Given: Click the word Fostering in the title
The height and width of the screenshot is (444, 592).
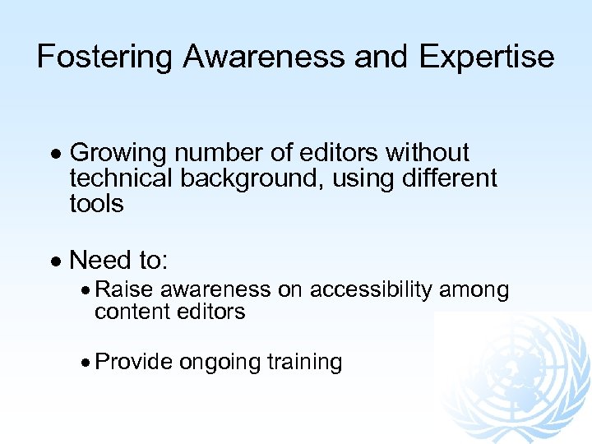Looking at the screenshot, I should coord(105,57).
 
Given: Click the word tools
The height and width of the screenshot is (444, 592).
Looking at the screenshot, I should coord(96,203).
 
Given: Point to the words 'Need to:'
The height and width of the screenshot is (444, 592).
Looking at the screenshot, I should coord(119,261).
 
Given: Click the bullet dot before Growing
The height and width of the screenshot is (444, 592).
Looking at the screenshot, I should coord(56,154).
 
